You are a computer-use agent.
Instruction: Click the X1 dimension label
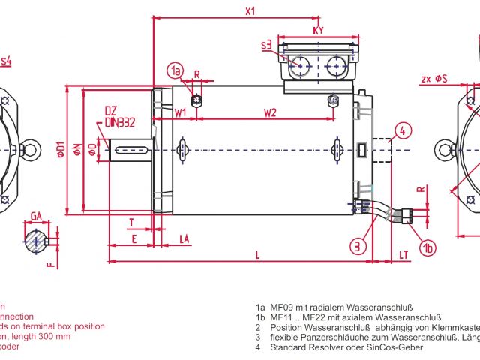(x=250, y=11)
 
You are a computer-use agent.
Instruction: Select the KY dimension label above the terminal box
(x=318, y=31)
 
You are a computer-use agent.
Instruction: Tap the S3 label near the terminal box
(x=267, y=46)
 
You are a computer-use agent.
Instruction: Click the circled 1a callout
(x=175, y=71)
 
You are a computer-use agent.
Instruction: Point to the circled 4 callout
(x=403, y=130)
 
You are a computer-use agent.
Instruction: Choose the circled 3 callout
(x=358, y=245)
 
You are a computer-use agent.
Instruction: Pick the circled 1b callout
(x=427, y=247)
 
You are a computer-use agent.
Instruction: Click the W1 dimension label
(x=181, y=112)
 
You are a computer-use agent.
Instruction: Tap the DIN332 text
(x=119, y=121)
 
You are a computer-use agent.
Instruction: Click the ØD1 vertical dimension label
(x=61, y=150)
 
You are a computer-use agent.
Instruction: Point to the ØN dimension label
(x=76, y=150)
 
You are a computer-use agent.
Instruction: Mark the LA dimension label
(x=184, y=238)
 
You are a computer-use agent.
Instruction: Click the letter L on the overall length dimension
(x=257, y=255)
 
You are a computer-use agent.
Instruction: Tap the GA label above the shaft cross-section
(x=35, y=216)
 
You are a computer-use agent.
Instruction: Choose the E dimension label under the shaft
(x=134, y=238)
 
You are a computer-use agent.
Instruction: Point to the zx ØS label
(x=434, y=77)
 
